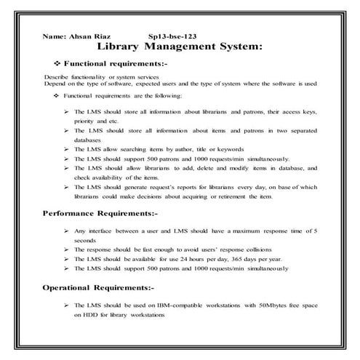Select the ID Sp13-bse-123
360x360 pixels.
point(172,36)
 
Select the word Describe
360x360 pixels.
point(56,76)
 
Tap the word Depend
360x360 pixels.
point(55,83)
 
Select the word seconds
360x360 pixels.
point(85,239)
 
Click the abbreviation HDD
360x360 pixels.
point(96,316)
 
